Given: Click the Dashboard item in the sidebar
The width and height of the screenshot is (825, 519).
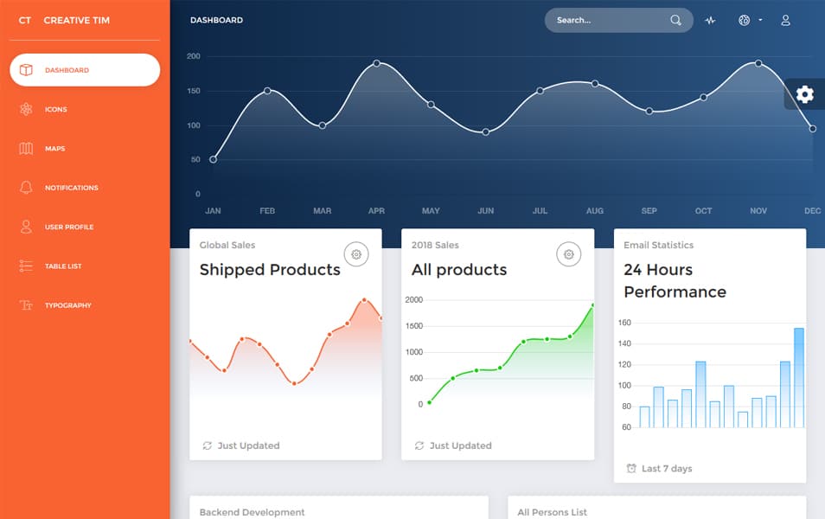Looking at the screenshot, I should pos(84,70).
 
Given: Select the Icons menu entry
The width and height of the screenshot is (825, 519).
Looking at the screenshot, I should pos(56,110).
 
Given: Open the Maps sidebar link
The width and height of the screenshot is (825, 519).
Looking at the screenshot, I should pos(54,149).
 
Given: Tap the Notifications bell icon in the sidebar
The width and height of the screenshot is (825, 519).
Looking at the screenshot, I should pos(26,188).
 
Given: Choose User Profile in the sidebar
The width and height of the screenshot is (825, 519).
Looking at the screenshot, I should pos(68,227).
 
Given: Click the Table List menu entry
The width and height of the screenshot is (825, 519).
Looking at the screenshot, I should pos(63,266).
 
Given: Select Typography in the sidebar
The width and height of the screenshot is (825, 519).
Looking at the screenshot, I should pos(67,305).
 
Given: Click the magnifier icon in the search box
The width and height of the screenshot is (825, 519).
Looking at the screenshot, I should pos(675,20).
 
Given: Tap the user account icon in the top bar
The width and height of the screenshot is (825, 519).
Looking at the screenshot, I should pos(785,20).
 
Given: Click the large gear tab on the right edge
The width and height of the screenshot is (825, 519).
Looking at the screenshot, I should pos(805,94).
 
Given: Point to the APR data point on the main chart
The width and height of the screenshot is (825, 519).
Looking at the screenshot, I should pos(377,63).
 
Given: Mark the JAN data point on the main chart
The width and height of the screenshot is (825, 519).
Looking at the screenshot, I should pos(214,159).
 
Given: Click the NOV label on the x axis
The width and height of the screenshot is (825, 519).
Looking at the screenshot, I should pos(758,211).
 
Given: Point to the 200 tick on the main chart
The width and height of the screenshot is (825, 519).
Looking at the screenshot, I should pos(194,56).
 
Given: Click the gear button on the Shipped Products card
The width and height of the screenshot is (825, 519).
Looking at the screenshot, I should pos(356,254).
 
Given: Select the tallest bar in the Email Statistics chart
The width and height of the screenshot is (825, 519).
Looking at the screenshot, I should pos(799,377).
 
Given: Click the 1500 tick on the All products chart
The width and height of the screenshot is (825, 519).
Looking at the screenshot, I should pos(414,326).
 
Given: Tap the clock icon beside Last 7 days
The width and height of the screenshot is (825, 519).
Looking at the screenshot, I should pos(631,469).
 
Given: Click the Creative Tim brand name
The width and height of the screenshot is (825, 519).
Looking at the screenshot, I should pos(76,20).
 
